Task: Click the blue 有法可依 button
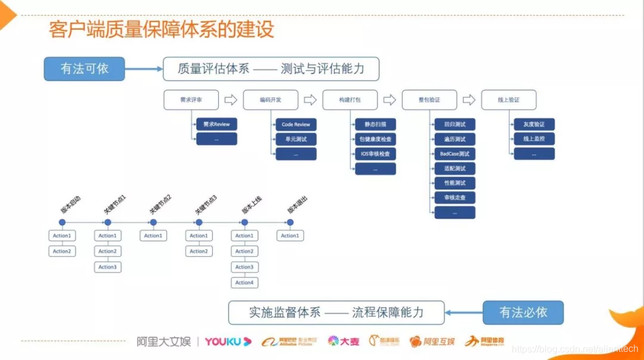coord(84,69)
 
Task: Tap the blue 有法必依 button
coord(523,312)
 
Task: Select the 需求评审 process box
coord(191,100)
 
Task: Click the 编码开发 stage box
coord(270,100)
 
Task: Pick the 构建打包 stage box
coord(349,100)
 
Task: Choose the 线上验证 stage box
coord(508,100)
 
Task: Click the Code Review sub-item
coord(296,125)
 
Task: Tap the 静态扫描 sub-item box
coord(375,125)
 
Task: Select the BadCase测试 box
coord(454,154)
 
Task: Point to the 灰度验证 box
coord(534,125)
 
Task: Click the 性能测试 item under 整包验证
coord(454,183)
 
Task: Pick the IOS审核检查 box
coord(375,154)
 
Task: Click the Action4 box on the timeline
coord(244,283)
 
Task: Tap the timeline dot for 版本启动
coord(62,222)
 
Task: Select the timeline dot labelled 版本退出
coord(290,222)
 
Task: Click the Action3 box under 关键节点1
coord(107,267)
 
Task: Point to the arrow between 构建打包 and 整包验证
coord(389,100)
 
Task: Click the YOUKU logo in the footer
coord(228,342)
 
